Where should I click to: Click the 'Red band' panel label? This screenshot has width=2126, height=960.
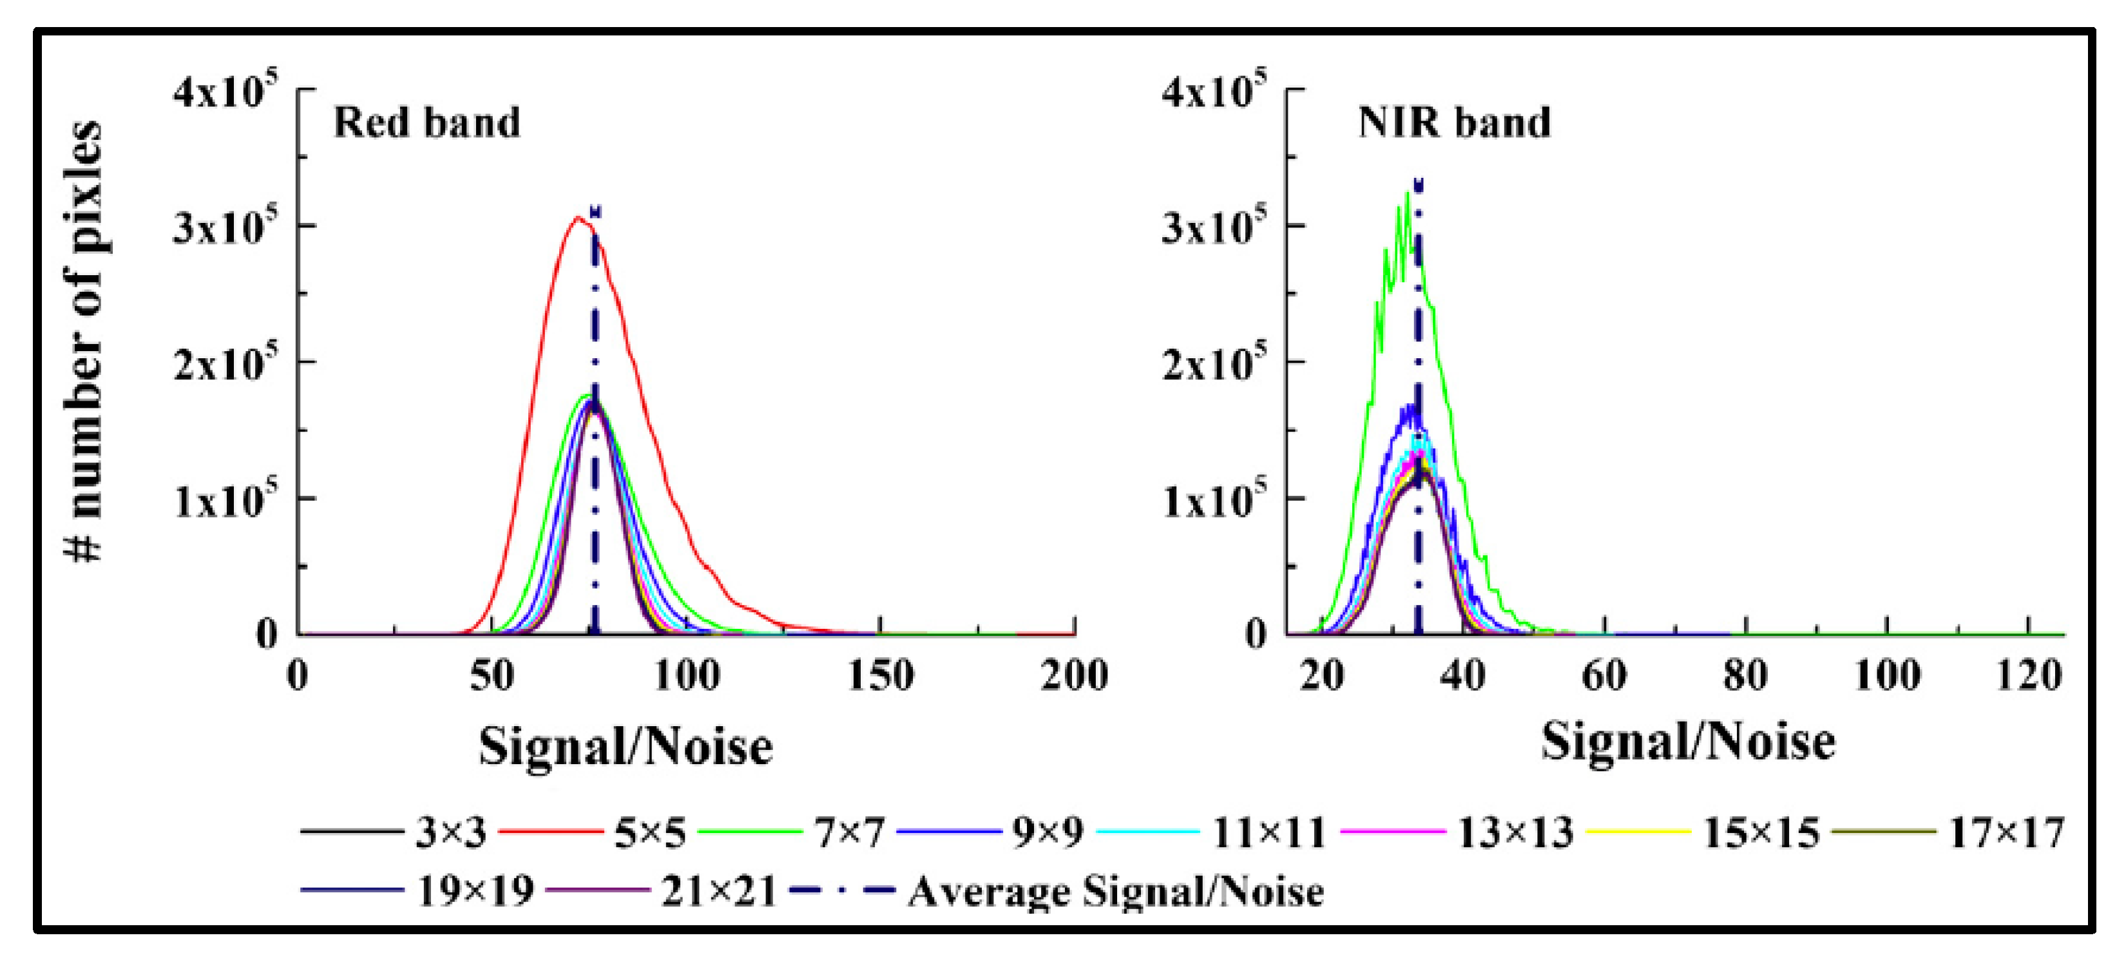tap(426, 123)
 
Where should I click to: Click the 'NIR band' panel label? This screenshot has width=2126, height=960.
tap(1454, 123)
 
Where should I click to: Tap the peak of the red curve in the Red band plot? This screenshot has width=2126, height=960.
tap(578, 218)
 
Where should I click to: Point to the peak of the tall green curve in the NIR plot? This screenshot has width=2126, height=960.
tap(1407, 193)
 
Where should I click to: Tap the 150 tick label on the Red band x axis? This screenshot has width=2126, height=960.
tap(881, 675)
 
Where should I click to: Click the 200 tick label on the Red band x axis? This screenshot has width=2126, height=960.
tap(1074, 675)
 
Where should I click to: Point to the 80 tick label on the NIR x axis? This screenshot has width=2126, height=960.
tap(1745, 675)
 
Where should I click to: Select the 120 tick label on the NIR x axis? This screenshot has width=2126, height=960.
tap(2028, 675)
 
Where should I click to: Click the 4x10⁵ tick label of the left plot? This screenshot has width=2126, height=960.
tap(224, 91)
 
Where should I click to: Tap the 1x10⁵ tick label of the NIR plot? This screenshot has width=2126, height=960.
tap(1213, 499)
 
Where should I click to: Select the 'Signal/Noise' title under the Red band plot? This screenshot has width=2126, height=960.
tap(626, 747)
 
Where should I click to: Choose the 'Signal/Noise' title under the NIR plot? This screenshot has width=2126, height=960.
tap(1688, 741)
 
